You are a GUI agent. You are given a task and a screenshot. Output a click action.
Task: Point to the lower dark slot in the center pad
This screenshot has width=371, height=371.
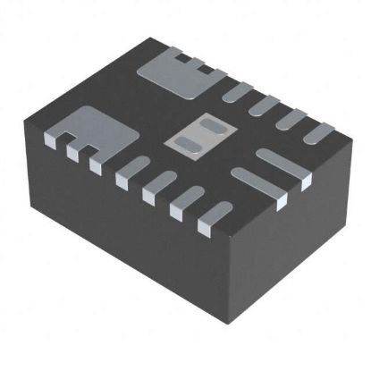pyautogui.click(x=189, y=142)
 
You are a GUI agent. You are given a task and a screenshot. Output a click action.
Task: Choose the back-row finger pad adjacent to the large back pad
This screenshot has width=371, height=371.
pyautogui.click(x=235, y=89)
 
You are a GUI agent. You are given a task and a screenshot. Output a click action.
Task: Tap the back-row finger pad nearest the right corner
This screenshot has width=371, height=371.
pyautogui.click(x=317, y=134)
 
